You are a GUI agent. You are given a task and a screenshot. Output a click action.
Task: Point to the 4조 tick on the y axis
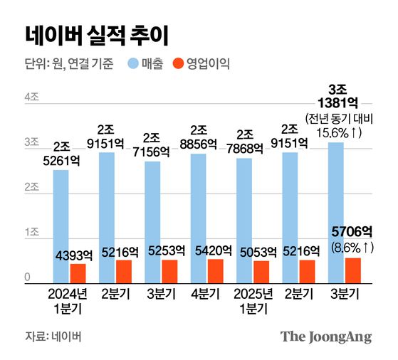click(x=32, y=97)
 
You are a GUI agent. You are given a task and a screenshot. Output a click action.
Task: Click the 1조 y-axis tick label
click(x=32, y=233)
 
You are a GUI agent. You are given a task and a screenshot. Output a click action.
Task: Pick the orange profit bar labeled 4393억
click(x=78, y=274)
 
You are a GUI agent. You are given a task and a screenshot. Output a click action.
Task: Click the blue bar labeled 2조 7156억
click(x=153, y=222)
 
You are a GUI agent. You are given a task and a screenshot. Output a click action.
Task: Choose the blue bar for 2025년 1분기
click(x=244, y=221)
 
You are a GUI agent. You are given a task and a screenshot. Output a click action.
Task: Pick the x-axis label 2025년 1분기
click(x=253, y=302)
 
